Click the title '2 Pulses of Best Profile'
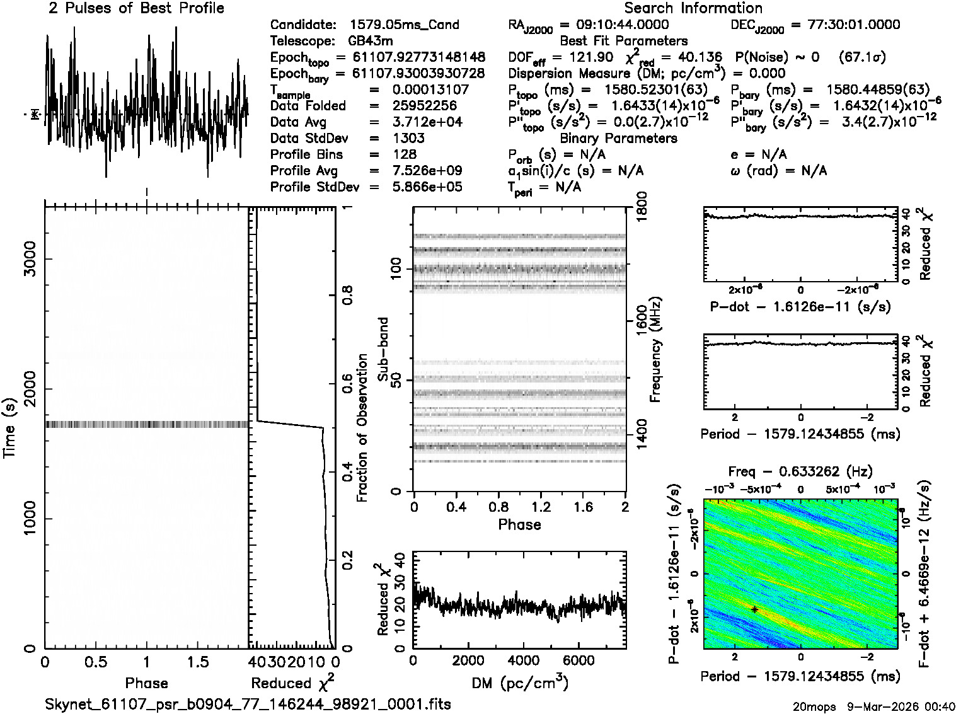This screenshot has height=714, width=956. click(x=136, y=9)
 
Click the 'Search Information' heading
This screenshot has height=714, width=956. click(x=693, y=9)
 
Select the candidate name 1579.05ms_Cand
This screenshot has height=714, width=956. click(x=404, y=25)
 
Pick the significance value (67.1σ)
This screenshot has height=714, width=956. click(x=863, y=57)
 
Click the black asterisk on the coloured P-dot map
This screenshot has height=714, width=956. click(x=754, y=609)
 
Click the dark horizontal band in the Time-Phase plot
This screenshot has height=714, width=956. click(x=146, y=425)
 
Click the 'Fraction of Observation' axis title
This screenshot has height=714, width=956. click(x=362, y=428)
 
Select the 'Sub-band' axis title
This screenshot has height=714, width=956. click(x=383, y=349)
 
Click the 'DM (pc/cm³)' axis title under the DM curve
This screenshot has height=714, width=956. click(x=519, y=683)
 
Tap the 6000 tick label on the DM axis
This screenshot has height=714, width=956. click(x=578, y=660)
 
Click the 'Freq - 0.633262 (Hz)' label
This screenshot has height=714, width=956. click(x=800, y=472)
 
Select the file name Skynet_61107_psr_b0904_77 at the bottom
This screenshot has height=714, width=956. click(x=248, y=704)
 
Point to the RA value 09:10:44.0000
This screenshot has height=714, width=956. click(x=614, y=25)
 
